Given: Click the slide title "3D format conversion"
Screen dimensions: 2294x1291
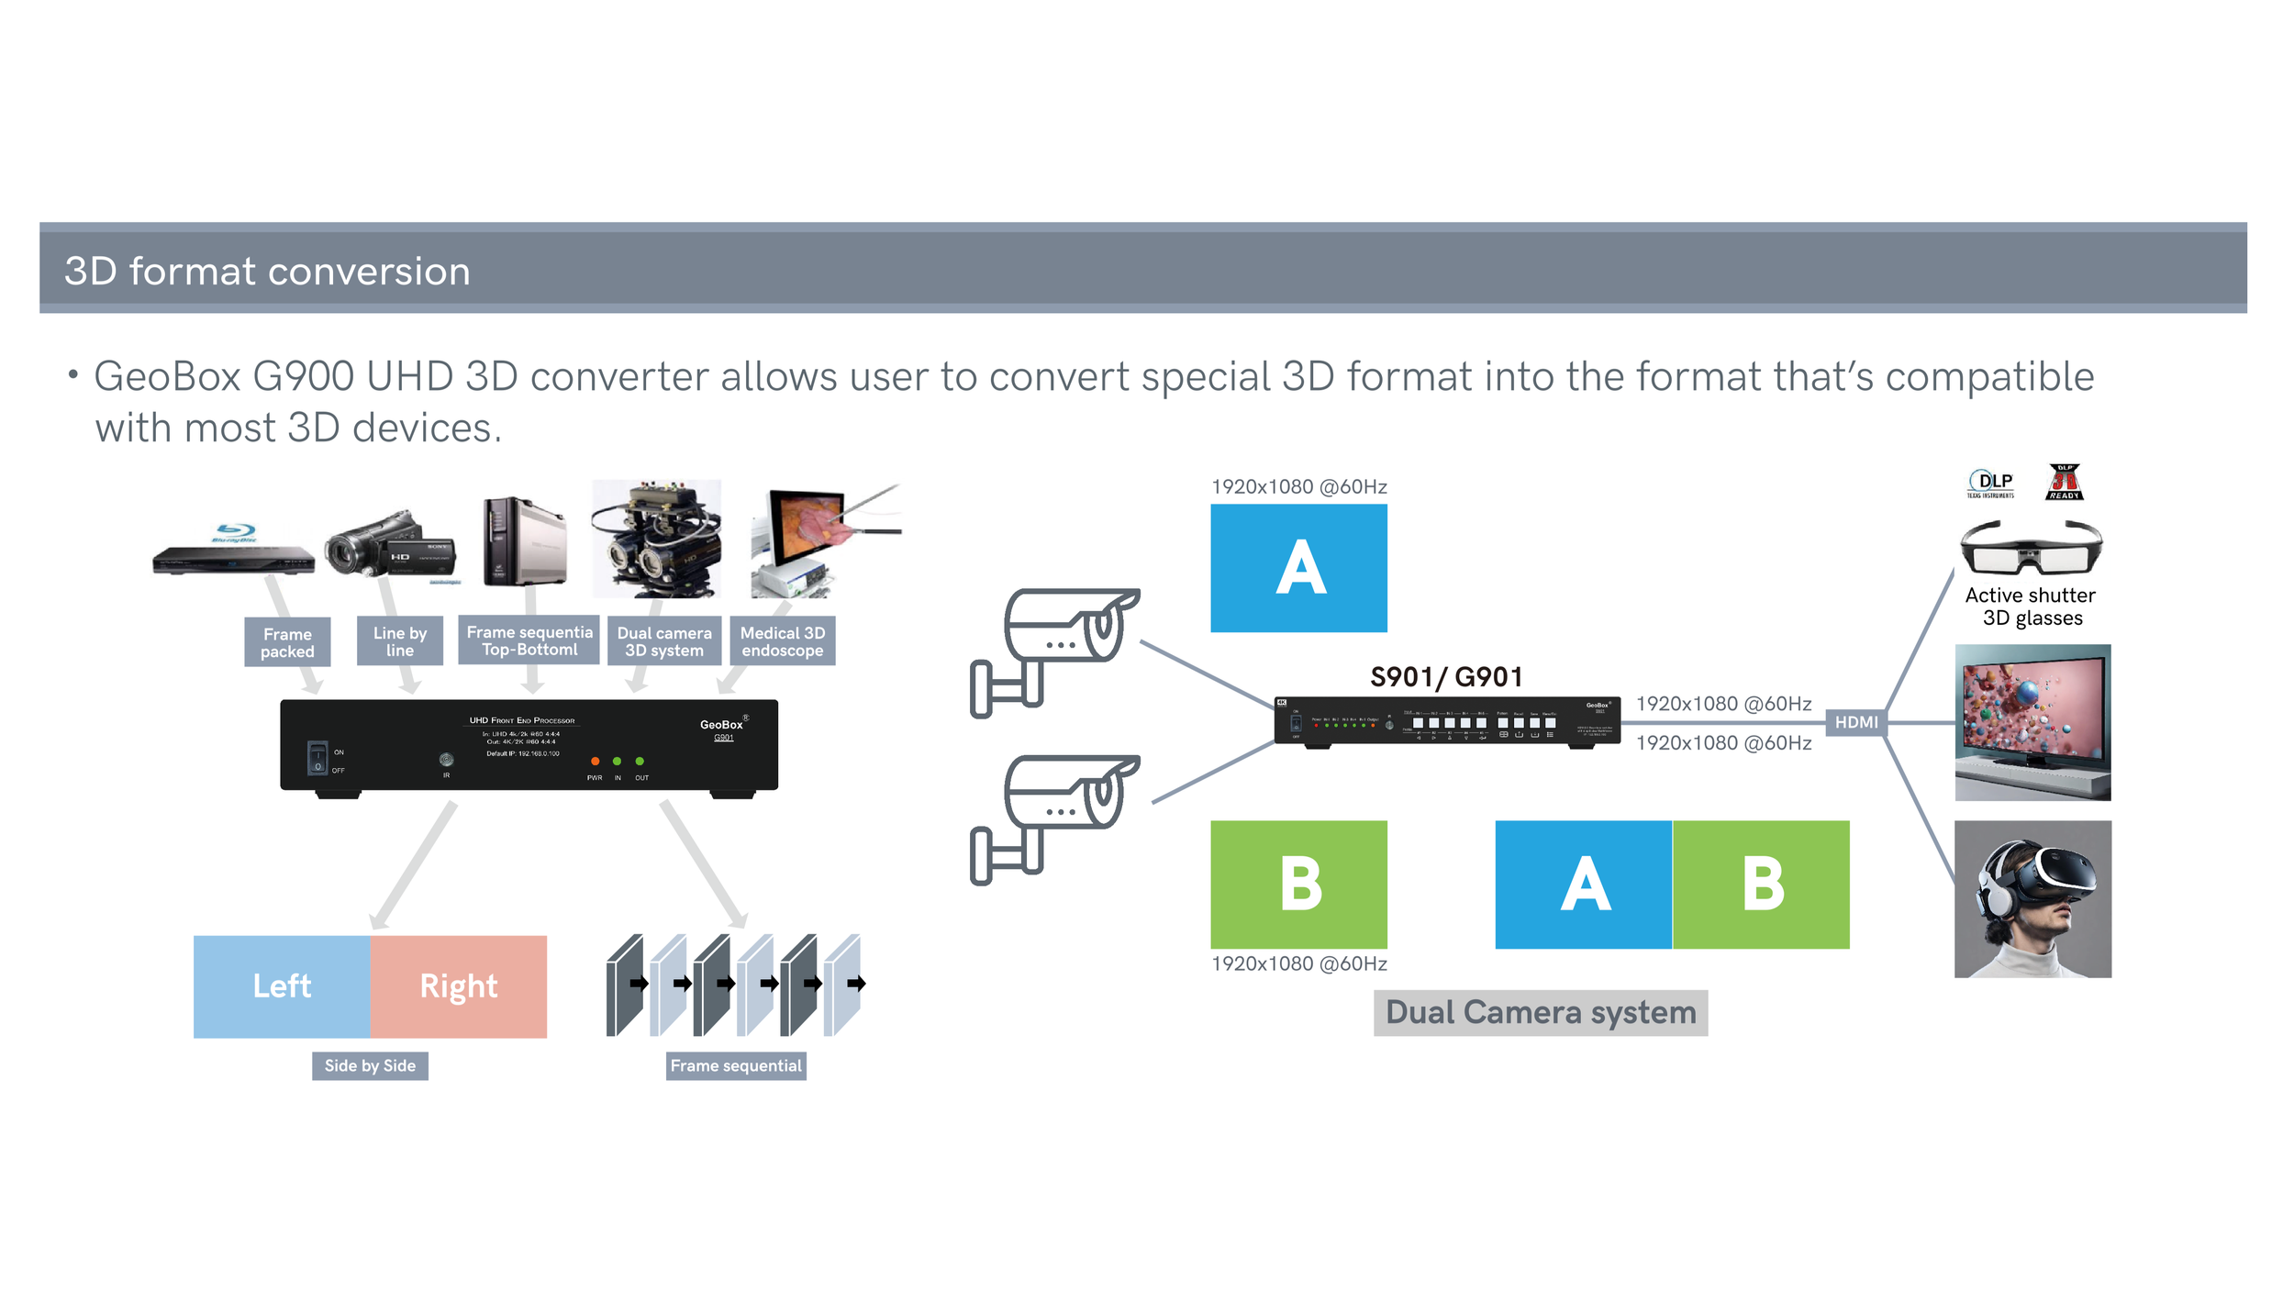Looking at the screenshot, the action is [267, 272].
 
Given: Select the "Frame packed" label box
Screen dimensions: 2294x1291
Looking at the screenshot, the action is [287, 642].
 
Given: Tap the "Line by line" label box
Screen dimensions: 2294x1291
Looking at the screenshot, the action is [400, 641].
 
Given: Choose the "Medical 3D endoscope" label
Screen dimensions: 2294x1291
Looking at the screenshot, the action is [782, 641].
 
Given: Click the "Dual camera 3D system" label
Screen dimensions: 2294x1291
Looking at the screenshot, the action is [663, 641].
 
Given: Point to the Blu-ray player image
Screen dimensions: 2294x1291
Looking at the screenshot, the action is [233, 551].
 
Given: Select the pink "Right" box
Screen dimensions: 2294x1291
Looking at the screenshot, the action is [458, 986].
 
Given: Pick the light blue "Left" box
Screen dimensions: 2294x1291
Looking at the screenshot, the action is [282, 986].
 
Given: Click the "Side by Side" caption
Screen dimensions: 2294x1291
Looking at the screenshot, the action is [370, 1065].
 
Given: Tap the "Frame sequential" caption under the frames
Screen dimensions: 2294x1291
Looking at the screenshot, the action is [735, 1065].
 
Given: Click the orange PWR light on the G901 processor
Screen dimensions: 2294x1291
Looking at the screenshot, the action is [595, 762].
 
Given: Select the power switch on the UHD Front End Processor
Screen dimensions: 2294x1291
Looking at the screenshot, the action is [317, 758].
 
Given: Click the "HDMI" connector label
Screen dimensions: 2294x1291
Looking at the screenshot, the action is [1855, 722].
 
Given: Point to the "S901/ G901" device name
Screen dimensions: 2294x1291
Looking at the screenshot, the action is [1446, 677].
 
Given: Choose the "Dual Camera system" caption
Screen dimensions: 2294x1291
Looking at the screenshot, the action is [1540, 1012].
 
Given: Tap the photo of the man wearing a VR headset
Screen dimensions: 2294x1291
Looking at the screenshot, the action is [2032, 899].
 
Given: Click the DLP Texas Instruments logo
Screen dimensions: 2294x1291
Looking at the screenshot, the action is [1989, 483].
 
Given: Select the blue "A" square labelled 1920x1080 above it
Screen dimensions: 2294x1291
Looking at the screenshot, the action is [1298, 568].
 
